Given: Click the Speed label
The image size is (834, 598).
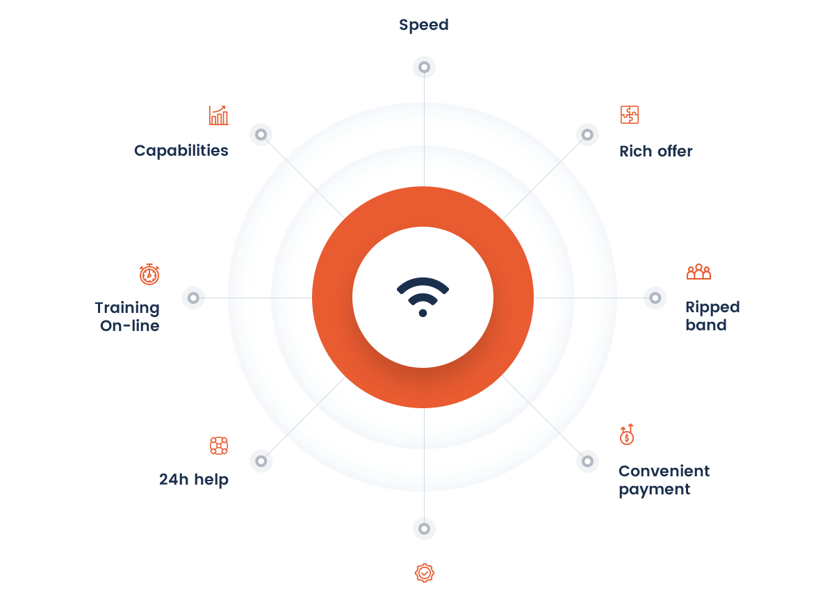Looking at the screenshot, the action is click(x=424, y=25).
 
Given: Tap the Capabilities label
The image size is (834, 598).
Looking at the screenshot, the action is click(x=181, y=151).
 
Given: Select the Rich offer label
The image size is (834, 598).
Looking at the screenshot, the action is click(x=656, y=152).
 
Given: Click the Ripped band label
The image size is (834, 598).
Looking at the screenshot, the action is click(x=712, y=316).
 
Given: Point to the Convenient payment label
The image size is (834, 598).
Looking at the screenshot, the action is click(x=664, y=480).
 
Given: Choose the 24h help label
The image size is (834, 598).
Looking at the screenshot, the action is click(x=194, y=480).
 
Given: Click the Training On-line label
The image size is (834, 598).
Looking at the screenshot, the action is click(x=127, y=316).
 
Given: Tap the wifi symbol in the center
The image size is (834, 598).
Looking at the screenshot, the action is click(x=423, y=297).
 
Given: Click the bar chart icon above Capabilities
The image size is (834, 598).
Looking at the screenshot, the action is click(x=218, y=115).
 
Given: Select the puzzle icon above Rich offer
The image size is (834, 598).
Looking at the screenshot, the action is click(x=630, y=115).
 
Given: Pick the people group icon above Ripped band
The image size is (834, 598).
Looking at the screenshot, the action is click(x=699, y=272).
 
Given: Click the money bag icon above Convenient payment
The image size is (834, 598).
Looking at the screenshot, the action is click(x=627, y=435).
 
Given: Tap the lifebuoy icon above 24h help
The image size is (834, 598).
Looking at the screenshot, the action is click(x=219, y=446).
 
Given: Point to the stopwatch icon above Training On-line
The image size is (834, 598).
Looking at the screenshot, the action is click(x=149, y=274).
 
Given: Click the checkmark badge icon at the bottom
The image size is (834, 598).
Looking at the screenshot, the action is click(x=425, y=573).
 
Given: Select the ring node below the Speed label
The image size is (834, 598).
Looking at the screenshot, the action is click(x=424, y=67).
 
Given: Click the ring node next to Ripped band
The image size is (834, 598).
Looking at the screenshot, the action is click(x=655, y=298).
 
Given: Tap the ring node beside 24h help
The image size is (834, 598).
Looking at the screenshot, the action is click(x=261, y=461).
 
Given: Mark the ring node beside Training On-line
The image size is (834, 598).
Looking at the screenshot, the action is click(x=193, y=298).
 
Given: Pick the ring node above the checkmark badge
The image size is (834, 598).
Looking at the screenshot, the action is click(x=424, y=528).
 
